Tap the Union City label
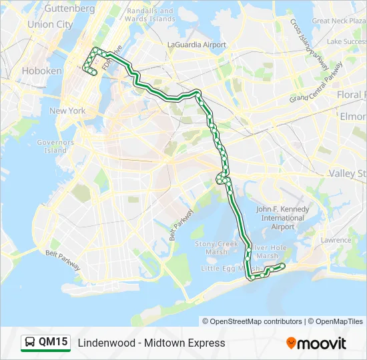click(50, 24)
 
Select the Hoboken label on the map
click(41, 71)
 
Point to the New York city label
click(67, 111)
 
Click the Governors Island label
click(55, 146)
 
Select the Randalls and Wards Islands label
click(150, 15)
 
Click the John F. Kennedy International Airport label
click(283, 218)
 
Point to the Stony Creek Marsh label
click(216, 247)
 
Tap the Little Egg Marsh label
click(225, 268)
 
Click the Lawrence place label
click(335, 240)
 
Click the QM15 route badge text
click(53, 343)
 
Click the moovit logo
click(316, 343)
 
